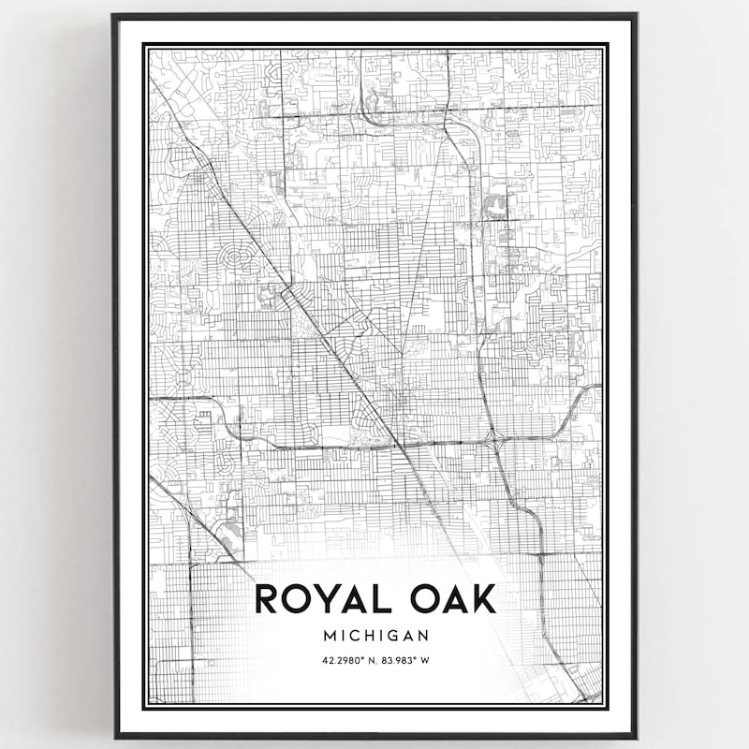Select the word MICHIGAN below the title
[x=376, y=635]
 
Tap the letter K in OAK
[x=481, y=599]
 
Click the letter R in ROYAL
[x=266, y=599]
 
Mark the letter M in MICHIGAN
[x=329, y=635]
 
